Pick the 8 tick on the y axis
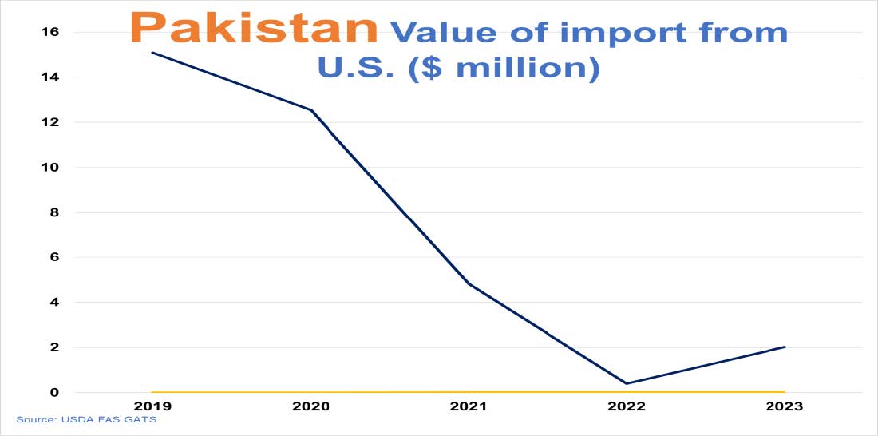pyautogui.click(x=54, y=212)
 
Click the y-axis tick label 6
pyautogui.click(x=54, y=257)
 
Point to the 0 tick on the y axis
pyautogui.click(x=54, y=392)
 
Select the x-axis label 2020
pyautogui.click(x=310, y=406)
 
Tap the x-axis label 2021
pyautogui.click(x=469, y=406)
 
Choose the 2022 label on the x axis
pyautogui.click(x=627, y=406)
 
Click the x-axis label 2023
pyautogui.click(x=785, y=406)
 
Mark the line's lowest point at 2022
pyautogui.click(x=627, y=383)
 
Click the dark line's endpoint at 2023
pyautogui.click(x=785, y=347)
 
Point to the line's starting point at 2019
pyautogui.click(x=152, y=53)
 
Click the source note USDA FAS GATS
pyautogui.click(x=86, y=419)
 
